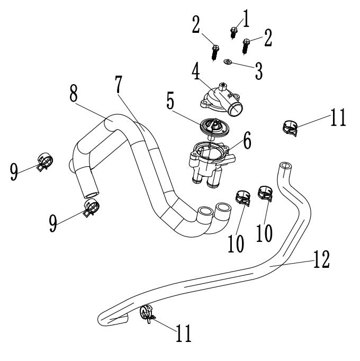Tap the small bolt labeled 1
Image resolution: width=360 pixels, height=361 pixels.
pos(233,32)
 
